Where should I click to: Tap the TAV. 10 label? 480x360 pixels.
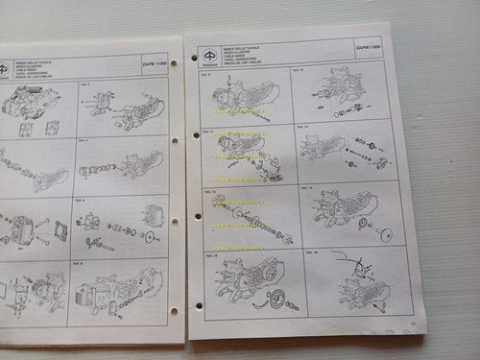299,70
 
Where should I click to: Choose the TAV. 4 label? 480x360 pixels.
84,142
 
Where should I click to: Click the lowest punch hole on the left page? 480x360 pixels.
174,313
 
